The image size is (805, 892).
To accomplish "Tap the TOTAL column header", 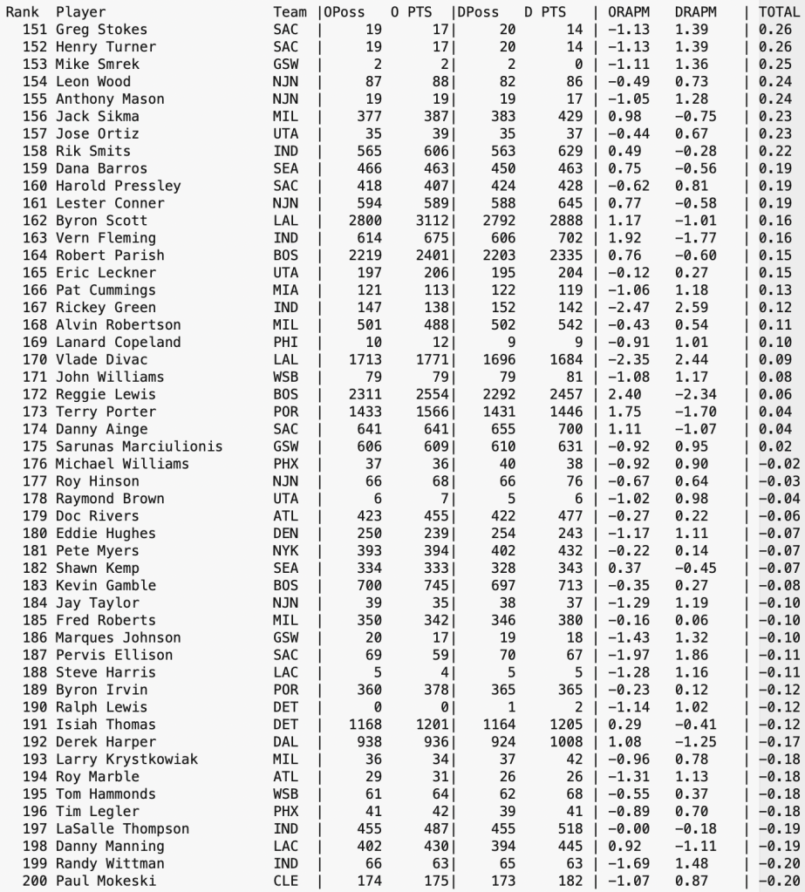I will pyautogui.click(x=779, y=12).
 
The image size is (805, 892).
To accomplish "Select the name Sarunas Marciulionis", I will pyautogui.click(x=138, y=446).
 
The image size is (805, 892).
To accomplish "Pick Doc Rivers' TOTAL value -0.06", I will pyautogui.click(x=780, y=515).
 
